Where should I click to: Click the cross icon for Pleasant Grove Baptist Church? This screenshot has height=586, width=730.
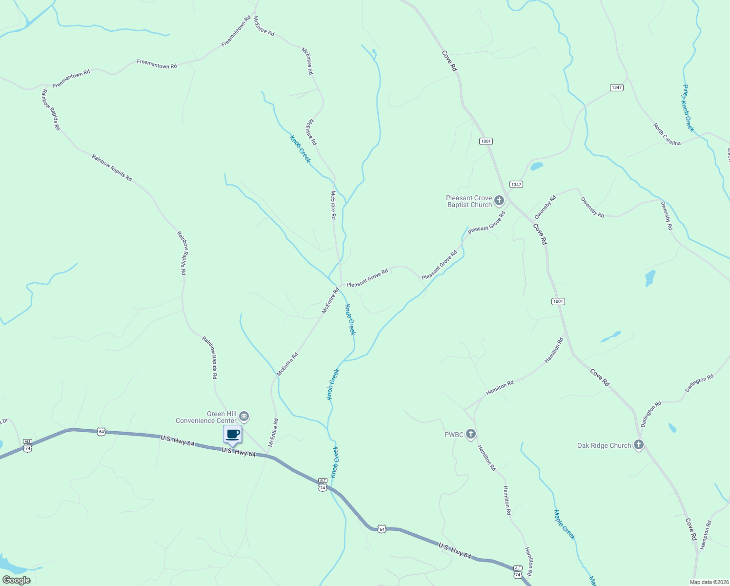point(499,200)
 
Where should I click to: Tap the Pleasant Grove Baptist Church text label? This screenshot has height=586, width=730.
point(469,201)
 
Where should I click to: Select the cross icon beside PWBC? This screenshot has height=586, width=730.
point(471,434)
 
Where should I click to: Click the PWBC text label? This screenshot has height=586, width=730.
point(454,434)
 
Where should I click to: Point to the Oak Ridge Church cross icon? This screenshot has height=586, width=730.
point(639,445)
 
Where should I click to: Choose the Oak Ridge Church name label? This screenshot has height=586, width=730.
point(604,445)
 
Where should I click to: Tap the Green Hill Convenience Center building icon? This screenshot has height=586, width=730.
point(244,417)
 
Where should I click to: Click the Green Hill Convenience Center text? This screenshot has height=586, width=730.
point(206,417)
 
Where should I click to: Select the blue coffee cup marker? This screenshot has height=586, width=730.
point(233,434)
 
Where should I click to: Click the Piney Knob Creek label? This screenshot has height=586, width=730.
point(688,108)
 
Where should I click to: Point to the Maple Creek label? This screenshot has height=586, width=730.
point(565,524)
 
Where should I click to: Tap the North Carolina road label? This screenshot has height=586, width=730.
point(667,135)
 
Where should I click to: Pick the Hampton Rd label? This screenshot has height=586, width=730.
point(706,535)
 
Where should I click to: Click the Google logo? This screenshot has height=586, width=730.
point(16,580)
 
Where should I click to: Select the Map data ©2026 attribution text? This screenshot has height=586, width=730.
point(709,582)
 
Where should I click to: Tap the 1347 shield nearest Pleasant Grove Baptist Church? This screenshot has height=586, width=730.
point(516,184)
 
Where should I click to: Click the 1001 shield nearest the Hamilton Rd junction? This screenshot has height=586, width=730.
point(558,301)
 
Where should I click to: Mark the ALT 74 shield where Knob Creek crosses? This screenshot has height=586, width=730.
point(323,484)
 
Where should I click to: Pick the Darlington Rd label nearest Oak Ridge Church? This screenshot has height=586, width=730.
point(651,414)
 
